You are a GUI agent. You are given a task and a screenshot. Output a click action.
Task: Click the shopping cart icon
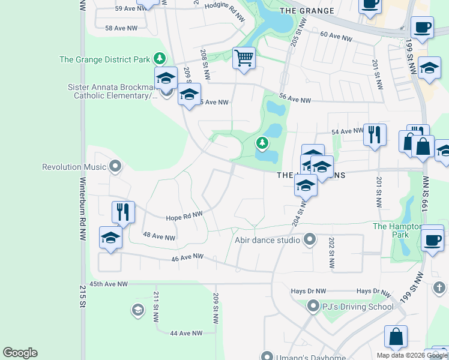click(244, 59)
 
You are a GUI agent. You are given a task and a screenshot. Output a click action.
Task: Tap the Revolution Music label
click(74, 167)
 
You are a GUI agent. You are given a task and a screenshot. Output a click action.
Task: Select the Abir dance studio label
click(267, 240)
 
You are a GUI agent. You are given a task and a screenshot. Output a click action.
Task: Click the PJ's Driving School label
click(358, 307)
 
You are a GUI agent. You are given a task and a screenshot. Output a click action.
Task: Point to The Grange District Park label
click(105, 59)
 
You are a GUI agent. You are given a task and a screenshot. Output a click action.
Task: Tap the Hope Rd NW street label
click(184, 215)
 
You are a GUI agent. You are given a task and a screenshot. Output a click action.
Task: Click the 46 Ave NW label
click(187, 257)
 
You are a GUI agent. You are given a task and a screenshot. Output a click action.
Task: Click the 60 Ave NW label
click(336, 37)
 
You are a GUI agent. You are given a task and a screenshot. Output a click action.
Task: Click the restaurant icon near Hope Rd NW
click(123, 212)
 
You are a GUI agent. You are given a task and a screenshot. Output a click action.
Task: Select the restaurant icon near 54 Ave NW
click(375, 134)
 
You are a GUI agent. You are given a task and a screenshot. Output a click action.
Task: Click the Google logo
click(20, 353)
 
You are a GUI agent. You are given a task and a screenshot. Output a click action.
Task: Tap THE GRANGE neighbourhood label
click(307, 11)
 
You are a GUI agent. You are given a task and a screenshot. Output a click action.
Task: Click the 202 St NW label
click(331, 253)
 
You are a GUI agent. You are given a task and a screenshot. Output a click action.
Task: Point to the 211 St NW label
click(155, 306)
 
